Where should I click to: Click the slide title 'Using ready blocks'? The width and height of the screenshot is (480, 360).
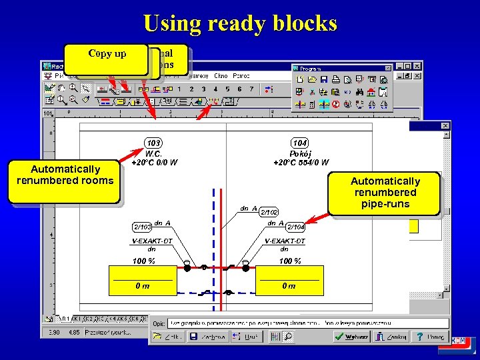click(x=240, y=23)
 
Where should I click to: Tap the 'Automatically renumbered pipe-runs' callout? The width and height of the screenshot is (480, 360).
click(x=385, y=192)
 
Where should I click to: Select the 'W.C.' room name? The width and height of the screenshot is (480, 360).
click(x=155, y=153)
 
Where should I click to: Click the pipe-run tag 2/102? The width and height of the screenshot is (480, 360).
click(x=269, y=211)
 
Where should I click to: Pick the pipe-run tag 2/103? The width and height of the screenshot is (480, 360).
click(x=141, y=227)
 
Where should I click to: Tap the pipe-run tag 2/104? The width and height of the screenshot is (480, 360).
click(x=296, y=227)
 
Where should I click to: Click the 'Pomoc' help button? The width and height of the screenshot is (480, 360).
click(x=429, y=337)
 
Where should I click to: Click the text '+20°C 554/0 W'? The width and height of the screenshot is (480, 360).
click(x=301, y=162)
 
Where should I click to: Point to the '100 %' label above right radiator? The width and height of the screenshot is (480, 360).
click(x=289, y=261)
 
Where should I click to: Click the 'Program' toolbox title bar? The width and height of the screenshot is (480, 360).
click(x=337, y=68)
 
